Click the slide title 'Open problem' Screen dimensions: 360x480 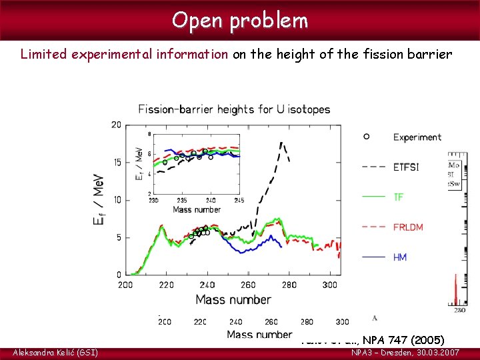point(240,20)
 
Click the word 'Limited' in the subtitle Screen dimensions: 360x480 point(41,54)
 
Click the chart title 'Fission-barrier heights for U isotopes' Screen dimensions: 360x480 point(234,109)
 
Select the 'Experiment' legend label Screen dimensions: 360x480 point(417,137)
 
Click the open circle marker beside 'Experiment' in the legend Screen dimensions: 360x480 point(366,137)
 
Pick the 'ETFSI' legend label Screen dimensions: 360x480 point(406,167)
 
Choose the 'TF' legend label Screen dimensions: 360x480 point(399,197)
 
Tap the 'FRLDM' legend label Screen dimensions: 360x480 point(408,227)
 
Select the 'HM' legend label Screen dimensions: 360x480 point(400,257)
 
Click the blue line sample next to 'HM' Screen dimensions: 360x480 point(375,257)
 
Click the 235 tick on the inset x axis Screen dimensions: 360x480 point(182,200)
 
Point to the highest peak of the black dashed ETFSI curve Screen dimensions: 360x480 point(281,142)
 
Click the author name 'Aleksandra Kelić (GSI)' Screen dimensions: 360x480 point(55,352)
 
